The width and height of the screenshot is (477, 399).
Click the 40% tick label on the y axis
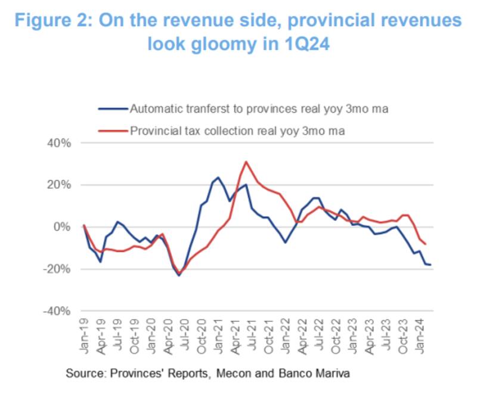59,143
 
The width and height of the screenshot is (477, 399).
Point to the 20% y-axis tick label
59,185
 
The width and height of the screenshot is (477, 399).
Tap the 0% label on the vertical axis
63,227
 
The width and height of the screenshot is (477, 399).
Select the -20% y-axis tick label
58,269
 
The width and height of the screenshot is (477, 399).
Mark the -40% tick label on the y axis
58,311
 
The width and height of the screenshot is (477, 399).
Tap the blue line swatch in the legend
113,109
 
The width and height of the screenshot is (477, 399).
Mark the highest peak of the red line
246,161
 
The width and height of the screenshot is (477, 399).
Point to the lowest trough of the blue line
179,275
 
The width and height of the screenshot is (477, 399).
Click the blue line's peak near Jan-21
218,177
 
